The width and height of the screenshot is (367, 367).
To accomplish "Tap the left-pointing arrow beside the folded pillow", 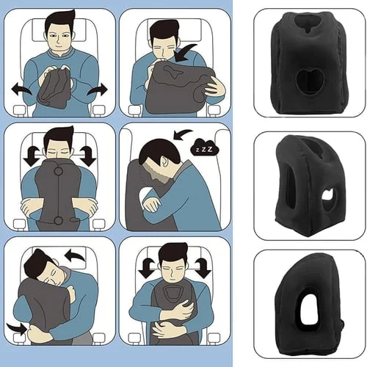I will [20, 90].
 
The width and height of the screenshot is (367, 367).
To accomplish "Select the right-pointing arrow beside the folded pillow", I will [97, 90].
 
